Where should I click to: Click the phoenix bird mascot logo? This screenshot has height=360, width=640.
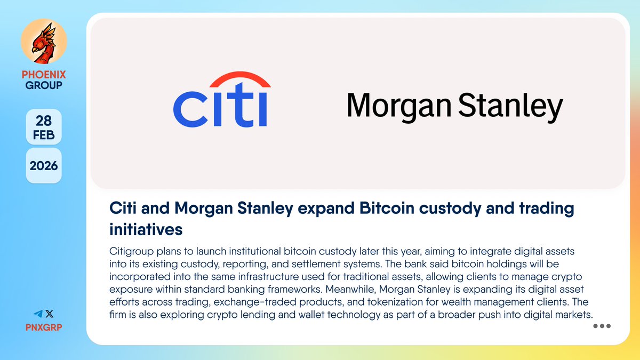[x=44, y=42]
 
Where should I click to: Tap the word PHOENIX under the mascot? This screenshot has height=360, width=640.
[x=44, y=75]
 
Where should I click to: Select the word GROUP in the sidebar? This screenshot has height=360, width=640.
[x=44, y=85]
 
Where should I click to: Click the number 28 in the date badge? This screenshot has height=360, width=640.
[x=44, y=121]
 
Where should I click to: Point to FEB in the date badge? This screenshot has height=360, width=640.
[x=44, y=135]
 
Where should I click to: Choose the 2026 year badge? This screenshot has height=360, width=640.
[x=44, y=166]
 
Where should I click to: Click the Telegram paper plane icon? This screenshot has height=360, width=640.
[x=38, y=314]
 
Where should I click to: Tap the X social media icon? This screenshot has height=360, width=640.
[x=50, y=314]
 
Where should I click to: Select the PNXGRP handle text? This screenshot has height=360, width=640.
[x=44, y=327]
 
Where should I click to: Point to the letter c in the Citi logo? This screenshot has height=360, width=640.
[x=190, y=109]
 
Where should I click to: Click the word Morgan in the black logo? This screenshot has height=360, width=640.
[x=399, y=106]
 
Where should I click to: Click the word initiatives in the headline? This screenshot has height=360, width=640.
[x=146, y=229]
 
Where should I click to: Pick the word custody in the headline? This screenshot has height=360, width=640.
[x=450, y=209]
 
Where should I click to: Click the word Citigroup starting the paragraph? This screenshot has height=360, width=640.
[x=131, y=252]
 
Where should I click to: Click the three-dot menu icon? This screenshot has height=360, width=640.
[x=602, y=326]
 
